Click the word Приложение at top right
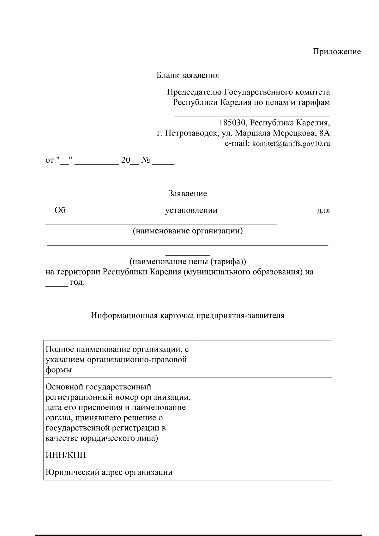click(337, 51)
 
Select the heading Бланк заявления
click(188, 75)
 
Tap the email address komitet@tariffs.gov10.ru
click(291, 144)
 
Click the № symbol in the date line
click(145, 160)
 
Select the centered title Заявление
click(188, 193)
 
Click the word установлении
click(191, 210)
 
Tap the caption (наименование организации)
click(188, 231)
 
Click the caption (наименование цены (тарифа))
click(188, 262)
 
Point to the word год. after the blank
click(77, 282)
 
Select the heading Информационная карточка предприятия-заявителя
click(188, 315)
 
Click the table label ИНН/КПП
click(66, 455)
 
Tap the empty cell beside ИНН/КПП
click(262, 455)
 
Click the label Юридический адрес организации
click(109, 472)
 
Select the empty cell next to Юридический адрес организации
click(262, 472)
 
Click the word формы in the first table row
click(59, 370)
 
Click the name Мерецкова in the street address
click(294, 133)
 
